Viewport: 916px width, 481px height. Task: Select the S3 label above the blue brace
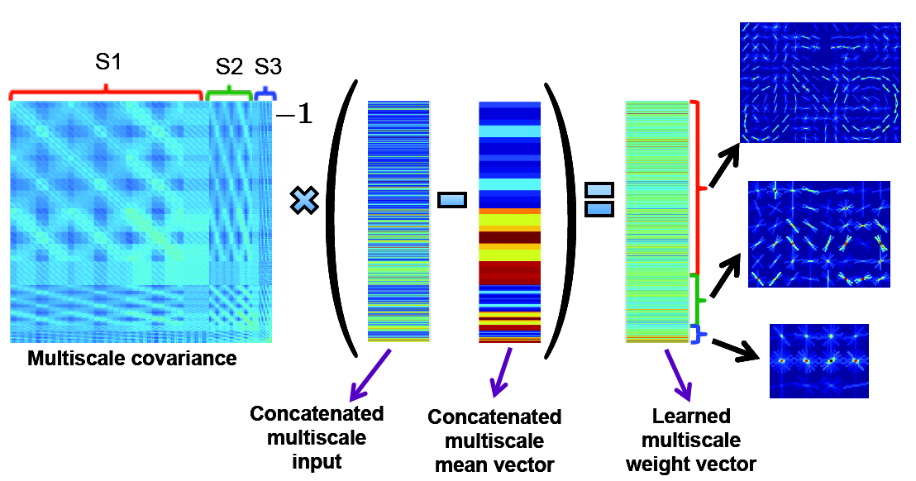tap(266, 66)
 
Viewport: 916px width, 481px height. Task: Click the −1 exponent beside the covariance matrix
tap(293, 116)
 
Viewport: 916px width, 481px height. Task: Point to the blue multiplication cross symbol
tap(305, 201)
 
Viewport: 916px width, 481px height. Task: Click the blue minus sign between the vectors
tap(452, 200)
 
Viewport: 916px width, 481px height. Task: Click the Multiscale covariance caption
tap(132, 359)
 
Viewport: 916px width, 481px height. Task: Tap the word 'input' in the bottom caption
tap(317, 460)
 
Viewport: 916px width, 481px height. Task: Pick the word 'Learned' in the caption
tap(679, 416)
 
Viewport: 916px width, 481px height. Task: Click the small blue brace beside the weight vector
tap(699, 333)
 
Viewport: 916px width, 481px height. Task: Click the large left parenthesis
tap(345, 219)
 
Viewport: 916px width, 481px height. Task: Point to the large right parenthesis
tap(561, 219)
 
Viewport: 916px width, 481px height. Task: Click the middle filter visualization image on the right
tap(818, 234)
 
